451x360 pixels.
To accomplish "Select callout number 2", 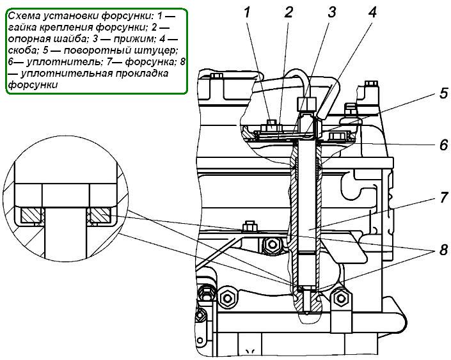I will coord(289,12).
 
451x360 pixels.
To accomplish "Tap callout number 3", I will coord(331,12).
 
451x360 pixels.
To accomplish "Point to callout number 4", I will coord(372,12).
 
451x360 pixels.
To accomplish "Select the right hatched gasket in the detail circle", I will coord(100,216).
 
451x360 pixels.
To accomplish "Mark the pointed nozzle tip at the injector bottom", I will coord(308,313).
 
